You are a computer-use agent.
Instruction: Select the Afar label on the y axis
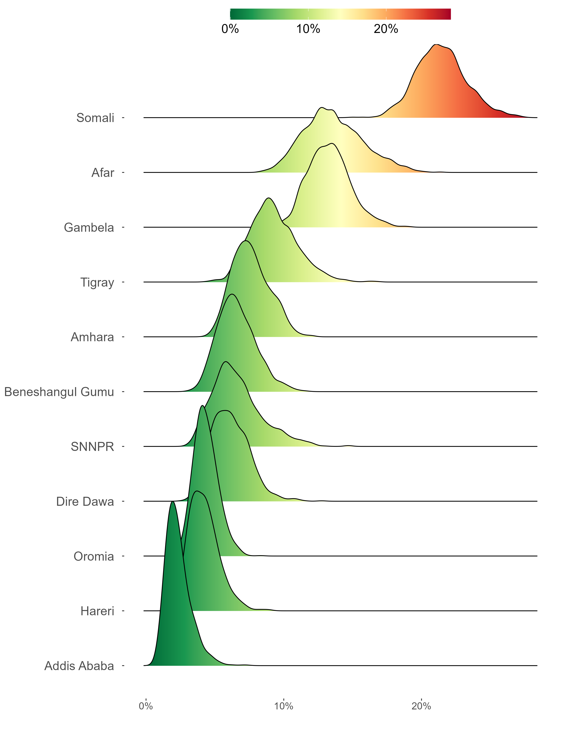point(103,173)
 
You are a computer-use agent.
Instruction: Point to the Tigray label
point(97,282)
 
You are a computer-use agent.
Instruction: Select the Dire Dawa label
point(85,502)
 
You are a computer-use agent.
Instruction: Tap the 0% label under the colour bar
point(230,29)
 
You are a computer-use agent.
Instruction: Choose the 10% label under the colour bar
point(308,29)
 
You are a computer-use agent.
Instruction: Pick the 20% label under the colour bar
point(386,29)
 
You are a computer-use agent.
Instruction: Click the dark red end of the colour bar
point(447,14)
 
